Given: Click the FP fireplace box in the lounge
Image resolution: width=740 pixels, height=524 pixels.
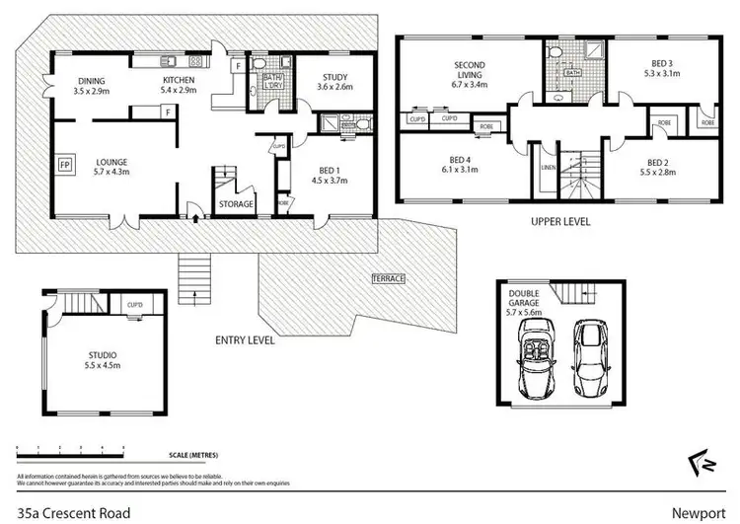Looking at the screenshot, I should click(65, 164).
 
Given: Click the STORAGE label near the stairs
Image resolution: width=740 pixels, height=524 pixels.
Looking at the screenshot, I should click(236, 204).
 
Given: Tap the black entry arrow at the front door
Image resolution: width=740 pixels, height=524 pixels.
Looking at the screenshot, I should click(195, 208).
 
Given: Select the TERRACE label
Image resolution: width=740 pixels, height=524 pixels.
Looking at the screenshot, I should click(388, 278).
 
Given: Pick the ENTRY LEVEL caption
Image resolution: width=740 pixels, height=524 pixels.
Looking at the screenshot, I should click(245, 340).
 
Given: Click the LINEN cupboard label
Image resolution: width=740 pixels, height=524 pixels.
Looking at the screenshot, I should click(548, 168).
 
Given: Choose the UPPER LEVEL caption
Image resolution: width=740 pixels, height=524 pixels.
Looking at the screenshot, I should click(559, 222).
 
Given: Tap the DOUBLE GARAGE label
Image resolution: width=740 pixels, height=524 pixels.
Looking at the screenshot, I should click(527, 299).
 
